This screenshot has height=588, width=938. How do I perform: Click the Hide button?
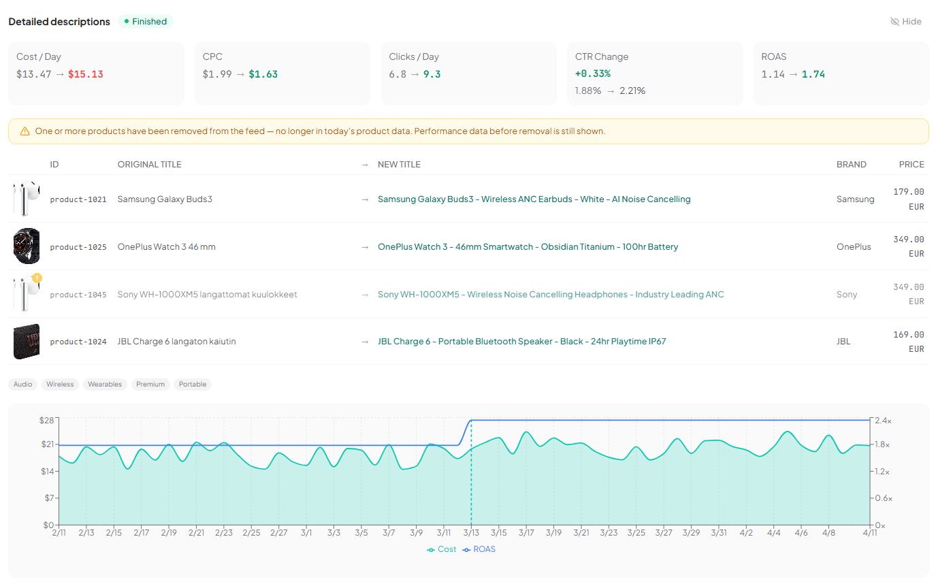[x=905, y=22]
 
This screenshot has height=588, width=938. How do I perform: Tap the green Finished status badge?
[x=146, y=22]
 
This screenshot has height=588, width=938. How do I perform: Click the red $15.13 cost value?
[x=86, y=74]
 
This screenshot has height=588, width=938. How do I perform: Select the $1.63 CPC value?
[x=263, y=74]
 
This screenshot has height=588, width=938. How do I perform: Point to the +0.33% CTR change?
[x=593, y=73]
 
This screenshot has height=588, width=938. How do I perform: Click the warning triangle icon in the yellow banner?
[x=25, y=131]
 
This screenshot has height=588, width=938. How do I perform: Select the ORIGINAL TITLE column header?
[x=149, y=165]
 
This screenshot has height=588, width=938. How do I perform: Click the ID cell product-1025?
[x=78, y=247]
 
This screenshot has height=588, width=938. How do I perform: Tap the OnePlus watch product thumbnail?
[x=27, y=246]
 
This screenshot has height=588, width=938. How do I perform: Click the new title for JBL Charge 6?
[x=521, y=342]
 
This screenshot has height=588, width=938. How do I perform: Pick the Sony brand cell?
[x=847, y=295]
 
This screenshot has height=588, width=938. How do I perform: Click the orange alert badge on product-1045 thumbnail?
[x=37, y=278]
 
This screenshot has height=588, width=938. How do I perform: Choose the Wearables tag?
[x=105, y=385]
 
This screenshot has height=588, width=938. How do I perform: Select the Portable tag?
[x=193, y=385]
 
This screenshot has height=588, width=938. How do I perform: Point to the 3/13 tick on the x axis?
[x=471, y=533]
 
